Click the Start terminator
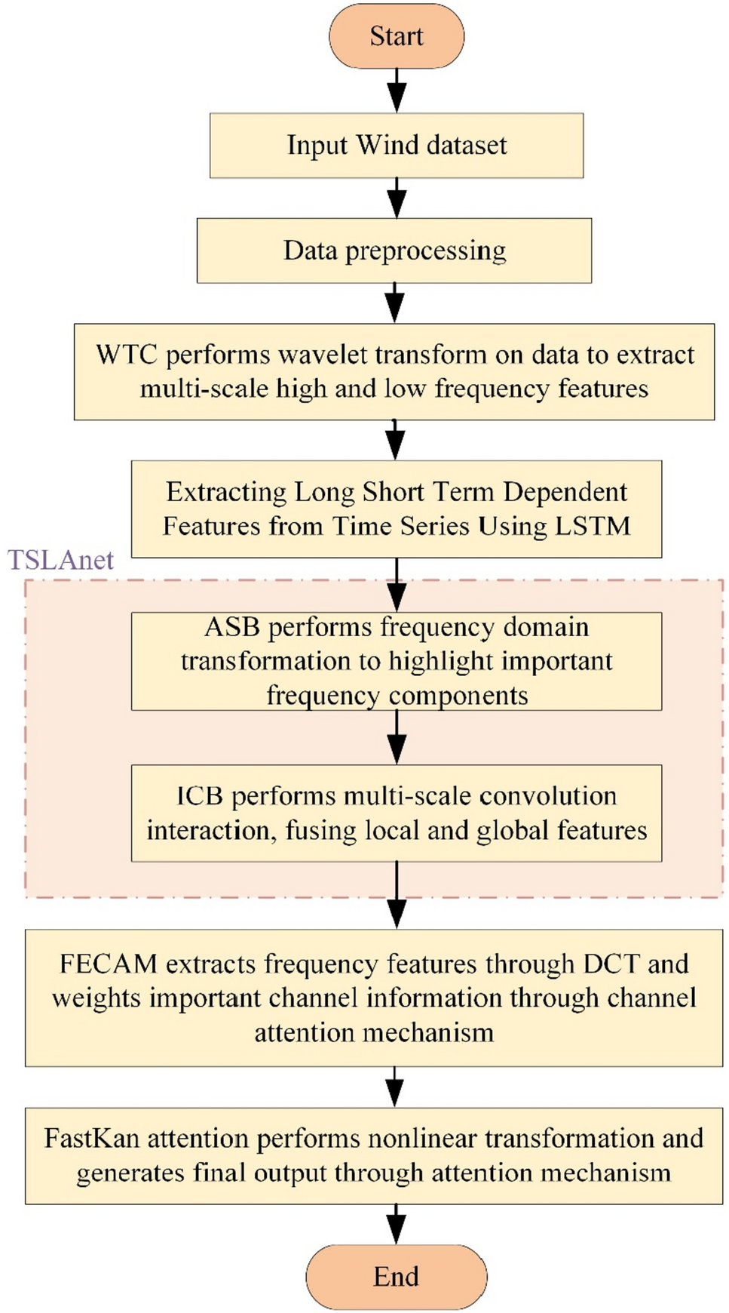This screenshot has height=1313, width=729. pyautogui.click(x=396, y=36)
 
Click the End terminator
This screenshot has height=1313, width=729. pyautogui.click(x=396, y=1277)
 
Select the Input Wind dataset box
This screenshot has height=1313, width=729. pyautogui.click(x=396, y=146)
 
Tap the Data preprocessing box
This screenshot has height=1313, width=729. pyautogui.click(x=394, y=251)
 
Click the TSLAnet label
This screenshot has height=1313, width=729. pyautogui.click(x=60, y=560)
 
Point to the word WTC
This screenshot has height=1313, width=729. pyautogui.click(x=126, y=355)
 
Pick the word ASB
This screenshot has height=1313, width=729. pyautogui.click(x=232, y=627)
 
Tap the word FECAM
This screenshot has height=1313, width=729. pyautogui.click(x=108, y=964)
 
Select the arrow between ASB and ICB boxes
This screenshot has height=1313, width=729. pyautogui.click(x=397, y=737)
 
